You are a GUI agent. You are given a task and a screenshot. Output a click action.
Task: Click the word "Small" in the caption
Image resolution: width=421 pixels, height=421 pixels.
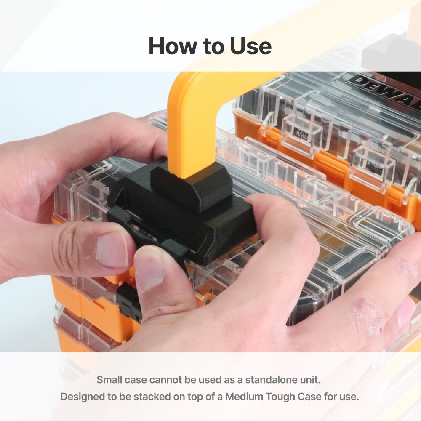pos(109,380)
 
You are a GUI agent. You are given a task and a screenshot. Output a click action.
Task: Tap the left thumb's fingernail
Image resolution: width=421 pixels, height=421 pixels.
pos(112,249)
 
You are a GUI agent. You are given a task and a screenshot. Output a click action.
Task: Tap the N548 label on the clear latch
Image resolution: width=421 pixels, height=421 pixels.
pos(301,133)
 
